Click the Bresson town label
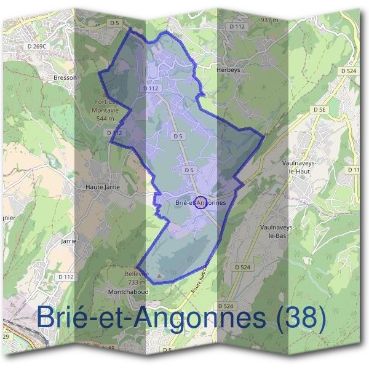[65, 78]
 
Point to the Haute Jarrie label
[101, 185]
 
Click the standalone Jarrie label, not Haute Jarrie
[68, 241]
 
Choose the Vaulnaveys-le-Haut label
[293, 168]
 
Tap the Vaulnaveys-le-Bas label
[279, 231]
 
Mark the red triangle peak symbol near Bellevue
[160, 276]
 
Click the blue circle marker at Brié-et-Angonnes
[200, 202]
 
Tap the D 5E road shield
[319, 110]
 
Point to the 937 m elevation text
[270, 20]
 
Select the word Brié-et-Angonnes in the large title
[151, 317]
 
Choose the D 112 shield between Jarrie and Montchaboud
[66, 277]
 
